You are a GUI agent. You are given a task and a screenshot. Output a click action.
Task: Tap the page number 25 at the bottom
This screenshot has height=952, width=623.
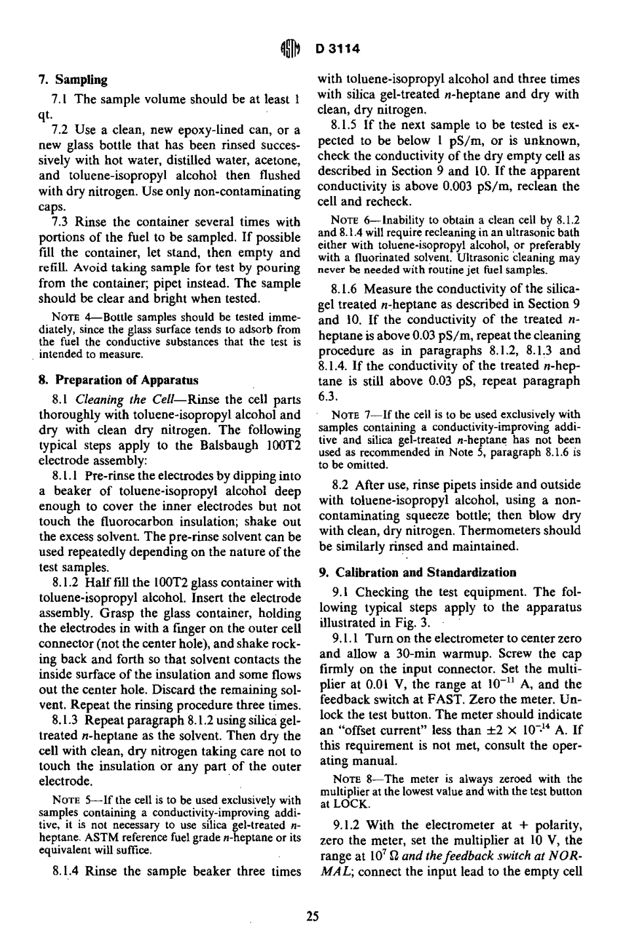tap(312, 917)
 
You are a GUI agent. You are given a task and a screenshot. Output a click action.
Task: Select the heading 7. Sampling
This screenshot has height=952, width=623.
tap(73, 80)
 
